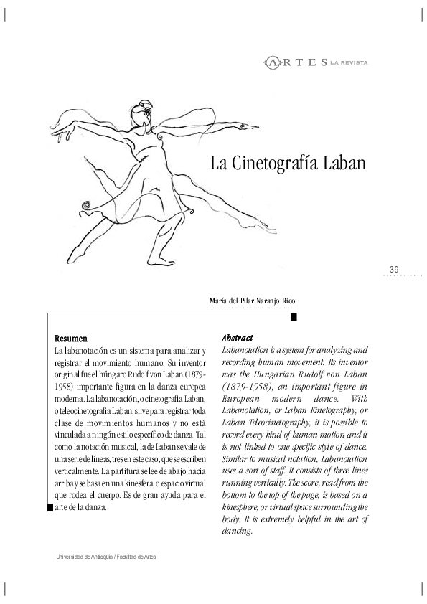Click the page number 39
tap(394, 268)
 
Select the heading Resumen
tap(71, 338)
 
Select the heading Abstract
tap(238, 338)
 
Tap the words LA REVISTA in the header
tap(349, 63)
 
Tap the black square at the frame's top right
tap(295, 315)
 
